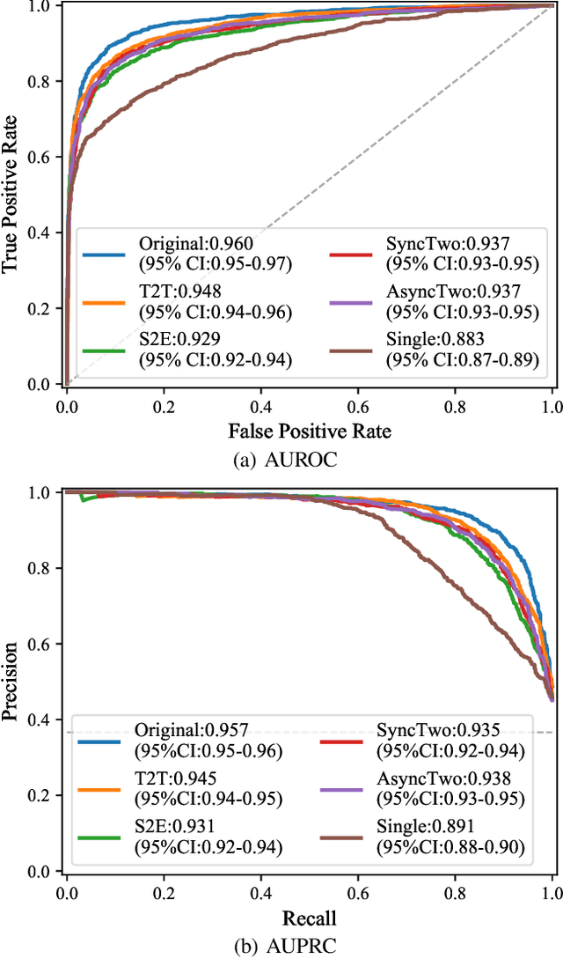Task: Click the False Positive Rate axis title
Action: tap(309, 431)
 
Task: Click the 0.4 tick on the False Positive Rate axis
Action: tap(260, 406)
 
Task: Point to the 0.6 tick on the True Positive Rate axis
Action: tap(44, 157)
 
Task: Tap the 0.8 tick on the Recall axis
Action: tap(455, 893)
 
